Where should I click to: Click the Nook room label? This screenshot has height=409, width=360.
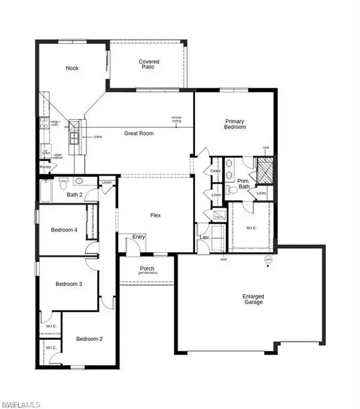(72, 68)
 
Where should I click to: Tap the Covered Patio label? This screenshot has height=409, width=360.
(149, 65)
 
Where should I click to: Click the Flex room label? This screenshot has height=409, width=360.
(155, 215)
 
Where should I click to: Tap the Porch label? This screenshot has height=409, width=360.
(147, 268)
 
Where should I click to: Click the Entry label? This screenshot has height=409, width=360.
(139, 237)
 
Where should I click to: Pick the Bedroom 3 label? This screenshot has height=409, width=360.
(68, 284)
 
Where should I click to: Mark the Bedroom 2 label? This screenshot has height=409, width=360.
(89, 339)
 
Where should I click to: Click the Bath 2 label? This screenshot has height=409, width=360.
(74, 195)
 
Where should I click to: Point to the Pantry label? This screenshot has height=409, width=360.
(46, 167)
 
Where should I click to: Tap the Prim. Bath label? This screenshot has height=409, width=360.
(244, 183)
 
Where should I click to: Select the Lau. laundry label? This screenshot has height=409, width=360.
(203, 238)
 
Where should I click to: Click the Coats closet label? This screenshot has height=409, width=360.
(216, 171)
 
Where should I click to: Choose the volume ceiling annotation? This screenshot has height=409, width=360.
(176, 119)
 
